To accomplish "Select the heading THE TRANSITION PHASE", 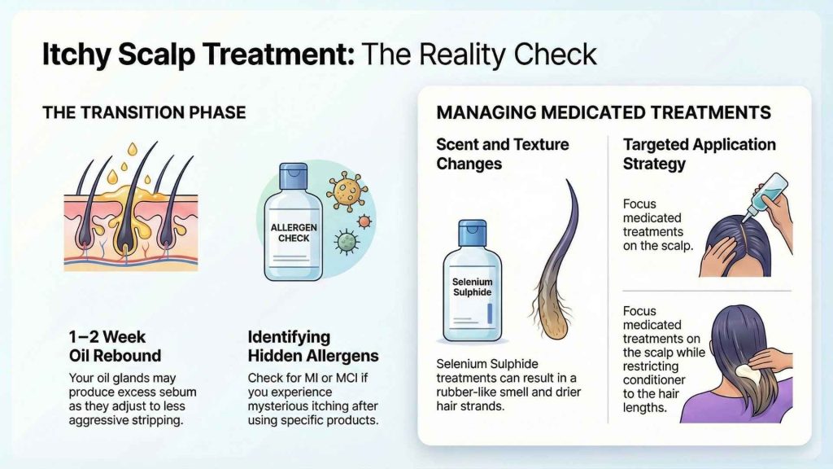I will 144,112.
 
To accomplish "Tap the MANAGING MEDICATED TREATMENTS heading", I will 604,112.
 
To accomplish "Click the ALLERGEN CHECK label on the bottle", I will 294,231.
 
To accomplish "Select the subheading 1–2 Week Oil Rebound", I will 114,346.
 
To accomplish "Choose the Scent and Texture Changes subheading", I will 502,154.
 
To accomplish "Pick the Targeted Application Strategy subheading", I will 699,154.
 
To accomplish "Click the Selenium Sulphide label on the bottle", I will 473,287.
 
